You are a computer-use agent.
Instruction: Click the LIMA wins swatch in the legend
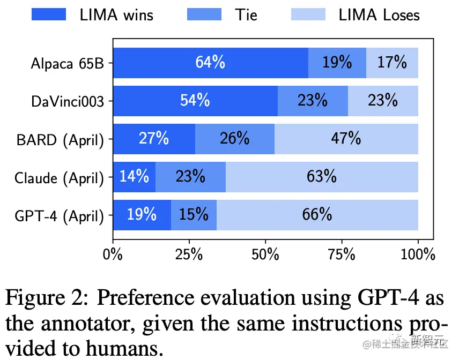[49, 14]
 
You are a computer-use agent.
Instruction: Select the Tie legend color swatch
[204, 14]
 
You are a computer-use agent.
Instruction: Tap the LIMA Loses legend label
[379, 14]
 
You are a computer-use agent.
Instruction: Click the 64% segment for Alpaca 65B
[210, 63]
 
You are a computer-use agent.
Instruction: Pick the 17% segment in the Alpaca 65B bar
[392, 63]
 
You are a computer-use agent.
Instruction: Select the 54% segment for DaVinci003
[195, 100]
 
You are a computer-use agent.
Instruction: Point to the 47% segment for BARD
[346, 138]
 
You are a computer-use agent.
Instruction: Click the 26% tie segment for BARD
[235, 138]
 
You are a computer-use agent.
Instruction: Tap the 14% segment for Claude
[134, 176]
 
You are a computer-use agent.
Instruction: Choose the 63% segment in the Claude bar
[322, 176]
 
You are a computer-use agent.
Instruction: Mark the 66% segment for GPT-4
[317, 214]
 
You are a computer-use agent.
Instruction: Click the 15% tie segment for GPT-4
[194, 214]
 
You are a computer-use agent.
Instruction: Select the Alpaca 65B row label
[67, 63]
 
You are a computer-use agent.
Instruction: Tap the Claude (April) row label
[59, 177]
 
